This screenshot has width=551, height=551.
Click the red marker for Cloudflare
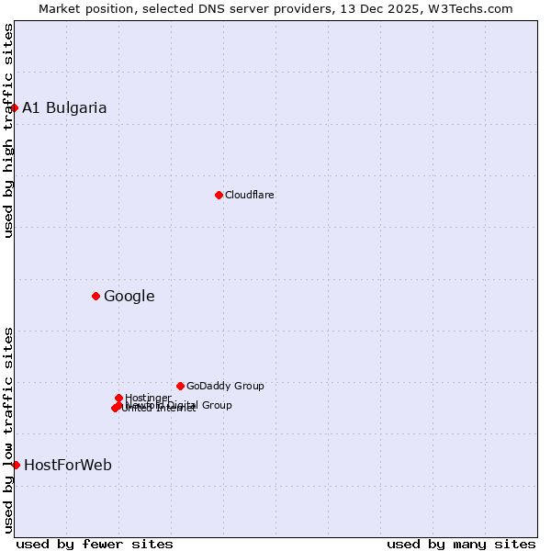pos(219,195)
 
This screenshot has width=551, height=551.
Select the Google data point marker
pos(96,296)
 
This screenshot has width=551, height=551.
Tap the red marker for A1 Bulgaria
pos(14,107)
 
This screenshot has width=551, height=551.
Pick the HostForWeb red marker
pos(16,465)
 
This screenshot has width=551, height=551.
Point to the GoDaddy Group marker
pos(180,386)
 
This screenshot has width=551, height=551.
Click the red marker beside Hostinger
pos(118,398)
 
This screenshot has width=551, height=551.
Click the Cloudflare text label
pos(249,195)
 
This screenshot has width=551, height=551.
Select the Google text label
pos(129,296)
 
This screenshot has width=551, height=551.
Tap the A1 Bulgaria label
pos(64,107)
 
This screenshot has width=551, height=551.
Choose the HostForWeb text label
pos(68,465)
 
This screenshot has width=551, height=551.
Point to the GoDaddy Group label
pos(225,386)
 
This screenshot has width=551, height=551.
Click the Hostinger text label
pos(148,398)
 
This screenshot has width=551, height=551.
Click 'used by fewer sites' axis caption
pos(95,544)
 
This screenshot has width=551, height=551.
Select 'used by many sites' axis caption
pos(461,544)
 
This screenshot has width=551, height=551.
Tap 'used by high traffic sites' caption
pos(8,130)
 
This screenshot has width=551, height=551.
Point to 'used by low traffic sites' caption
pos(8,429)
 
